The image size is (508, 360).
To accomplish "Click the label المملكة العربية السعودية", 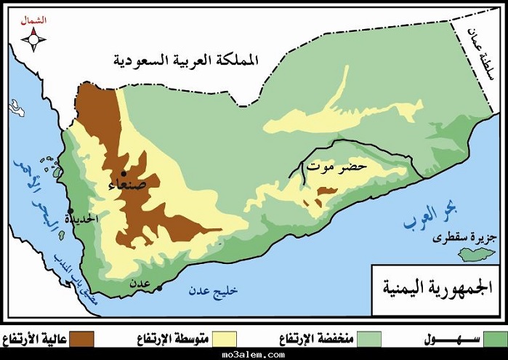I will (x=187, y=60).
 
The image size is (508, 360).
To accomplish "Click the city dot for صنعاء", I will (x=124, y=174).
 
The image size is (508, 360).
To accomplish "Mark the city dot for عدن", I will (x=159, y=287).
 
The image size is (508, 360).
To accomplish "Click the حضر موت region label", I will (x=337, y=167).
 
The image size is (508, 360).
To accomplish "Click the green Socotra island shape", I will (x=478, y=254).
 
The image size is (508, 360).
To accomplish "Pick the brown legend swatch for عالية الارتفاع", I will (x=86, y=339).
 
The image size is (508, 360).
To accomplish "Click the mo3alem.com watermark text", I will (x=254, y=354).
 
